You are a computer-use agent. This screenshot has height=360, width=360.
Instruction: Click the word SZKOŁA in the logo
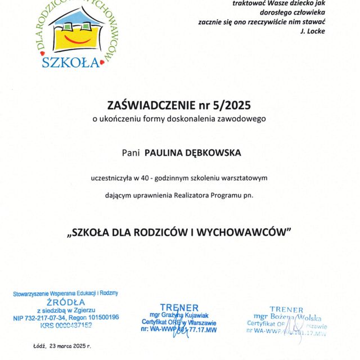click(71, 61)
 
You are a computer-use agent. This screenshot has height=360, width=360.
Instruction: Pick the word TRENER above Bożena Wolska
click(286, 309)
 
